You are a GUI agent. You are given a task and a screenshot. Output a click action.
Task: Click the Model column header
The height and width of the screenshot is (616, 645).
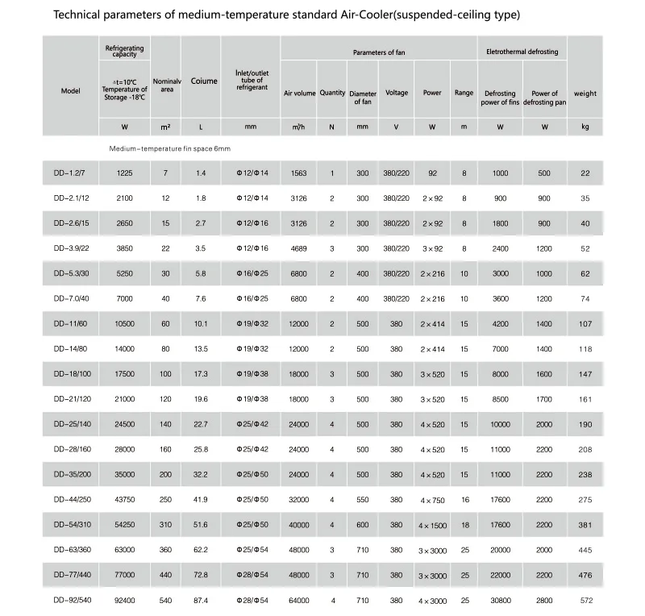71,91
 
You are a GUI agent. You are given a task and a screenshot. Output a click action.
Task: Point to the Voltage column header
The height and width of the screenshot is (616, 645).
397,93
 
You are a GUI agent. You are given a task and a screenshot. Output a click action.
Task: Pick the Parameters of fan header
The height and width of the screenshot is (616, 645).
378,52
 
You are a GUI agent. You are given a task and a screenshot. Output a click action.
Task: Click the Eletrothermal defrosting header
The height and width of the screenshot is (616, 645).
522,52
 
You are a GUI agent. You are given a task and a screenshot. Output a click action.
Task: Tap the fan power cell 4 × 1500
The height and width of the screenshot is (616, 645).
433,525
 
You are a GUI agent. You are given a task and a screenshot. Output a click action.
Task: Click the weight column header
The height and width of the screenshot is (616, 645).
585,94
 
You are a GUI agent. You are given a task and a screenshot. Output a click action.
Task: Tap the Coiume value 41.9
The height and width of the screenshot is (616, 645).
200,500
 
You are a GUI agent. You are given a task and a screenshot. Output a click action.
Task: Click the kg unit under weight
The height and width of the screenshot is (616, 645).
585,127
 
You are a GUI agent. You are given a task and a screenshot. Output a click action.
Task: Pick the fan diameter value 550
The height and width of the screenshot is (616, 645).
363,500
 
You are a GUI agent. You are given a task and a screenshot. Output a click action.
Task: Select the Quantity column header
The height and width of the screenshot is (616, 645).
332,93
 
